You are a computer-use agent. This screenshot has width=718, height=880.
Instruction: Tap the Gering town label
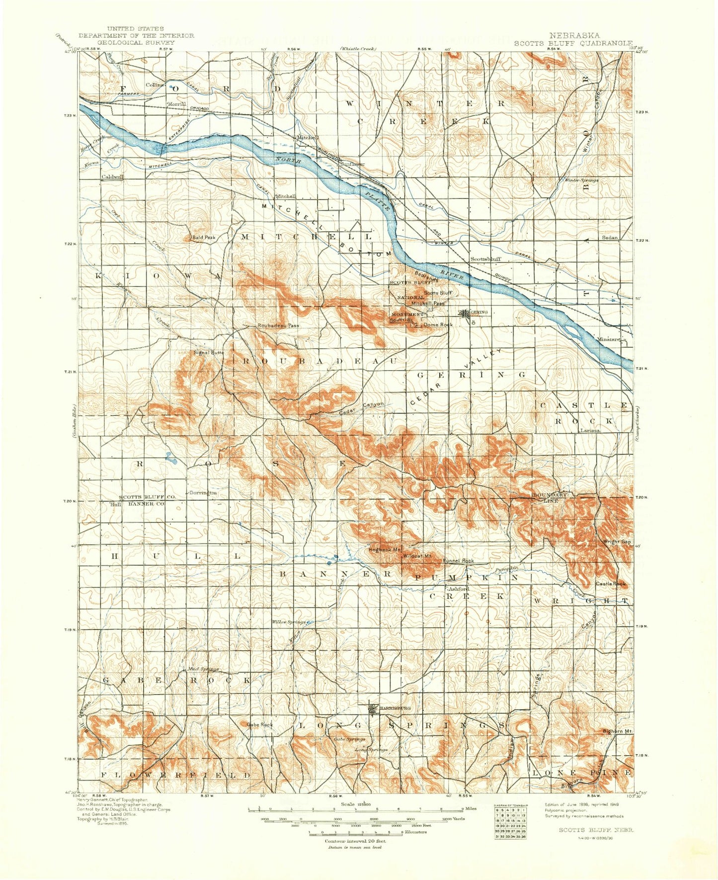(479, 312)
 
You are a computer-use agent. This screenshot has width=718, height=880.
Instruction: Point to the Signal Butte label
(209, 353)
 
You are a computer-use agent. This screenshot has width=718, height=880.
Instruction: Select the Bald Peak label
(204, 238)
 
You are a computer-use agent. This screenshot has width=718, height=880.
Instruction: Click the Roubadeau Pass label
(278, 326)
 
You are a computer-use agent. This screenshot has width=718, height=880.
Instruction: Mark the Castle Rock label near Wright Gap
(611, 584)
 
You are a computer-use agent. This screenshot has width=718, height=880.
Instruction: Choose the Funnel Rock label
(458, 561)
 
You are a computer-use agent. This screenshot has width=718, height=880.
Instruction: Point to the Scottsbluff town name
(485, 259)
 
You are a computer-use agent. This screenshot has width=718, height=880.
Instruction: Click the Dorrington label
(203, 492)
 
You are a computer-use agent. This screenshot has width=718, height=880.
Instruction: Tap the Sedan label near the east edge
(610, 238)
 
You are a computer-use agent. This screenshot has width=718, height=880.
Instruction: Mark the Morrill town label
(176, 104)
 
